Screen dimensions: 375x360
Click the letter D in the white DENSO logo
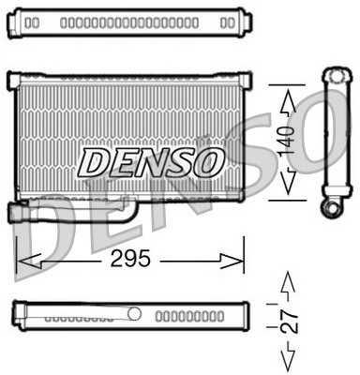tap(96, 162)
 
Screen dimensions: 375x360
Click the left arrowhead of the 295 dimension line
tap(26, 260)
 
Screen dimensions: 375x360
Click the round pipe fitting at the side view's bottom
tap(332, 206)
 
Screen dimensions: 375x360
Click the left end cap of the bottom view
tap(17, 316)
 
